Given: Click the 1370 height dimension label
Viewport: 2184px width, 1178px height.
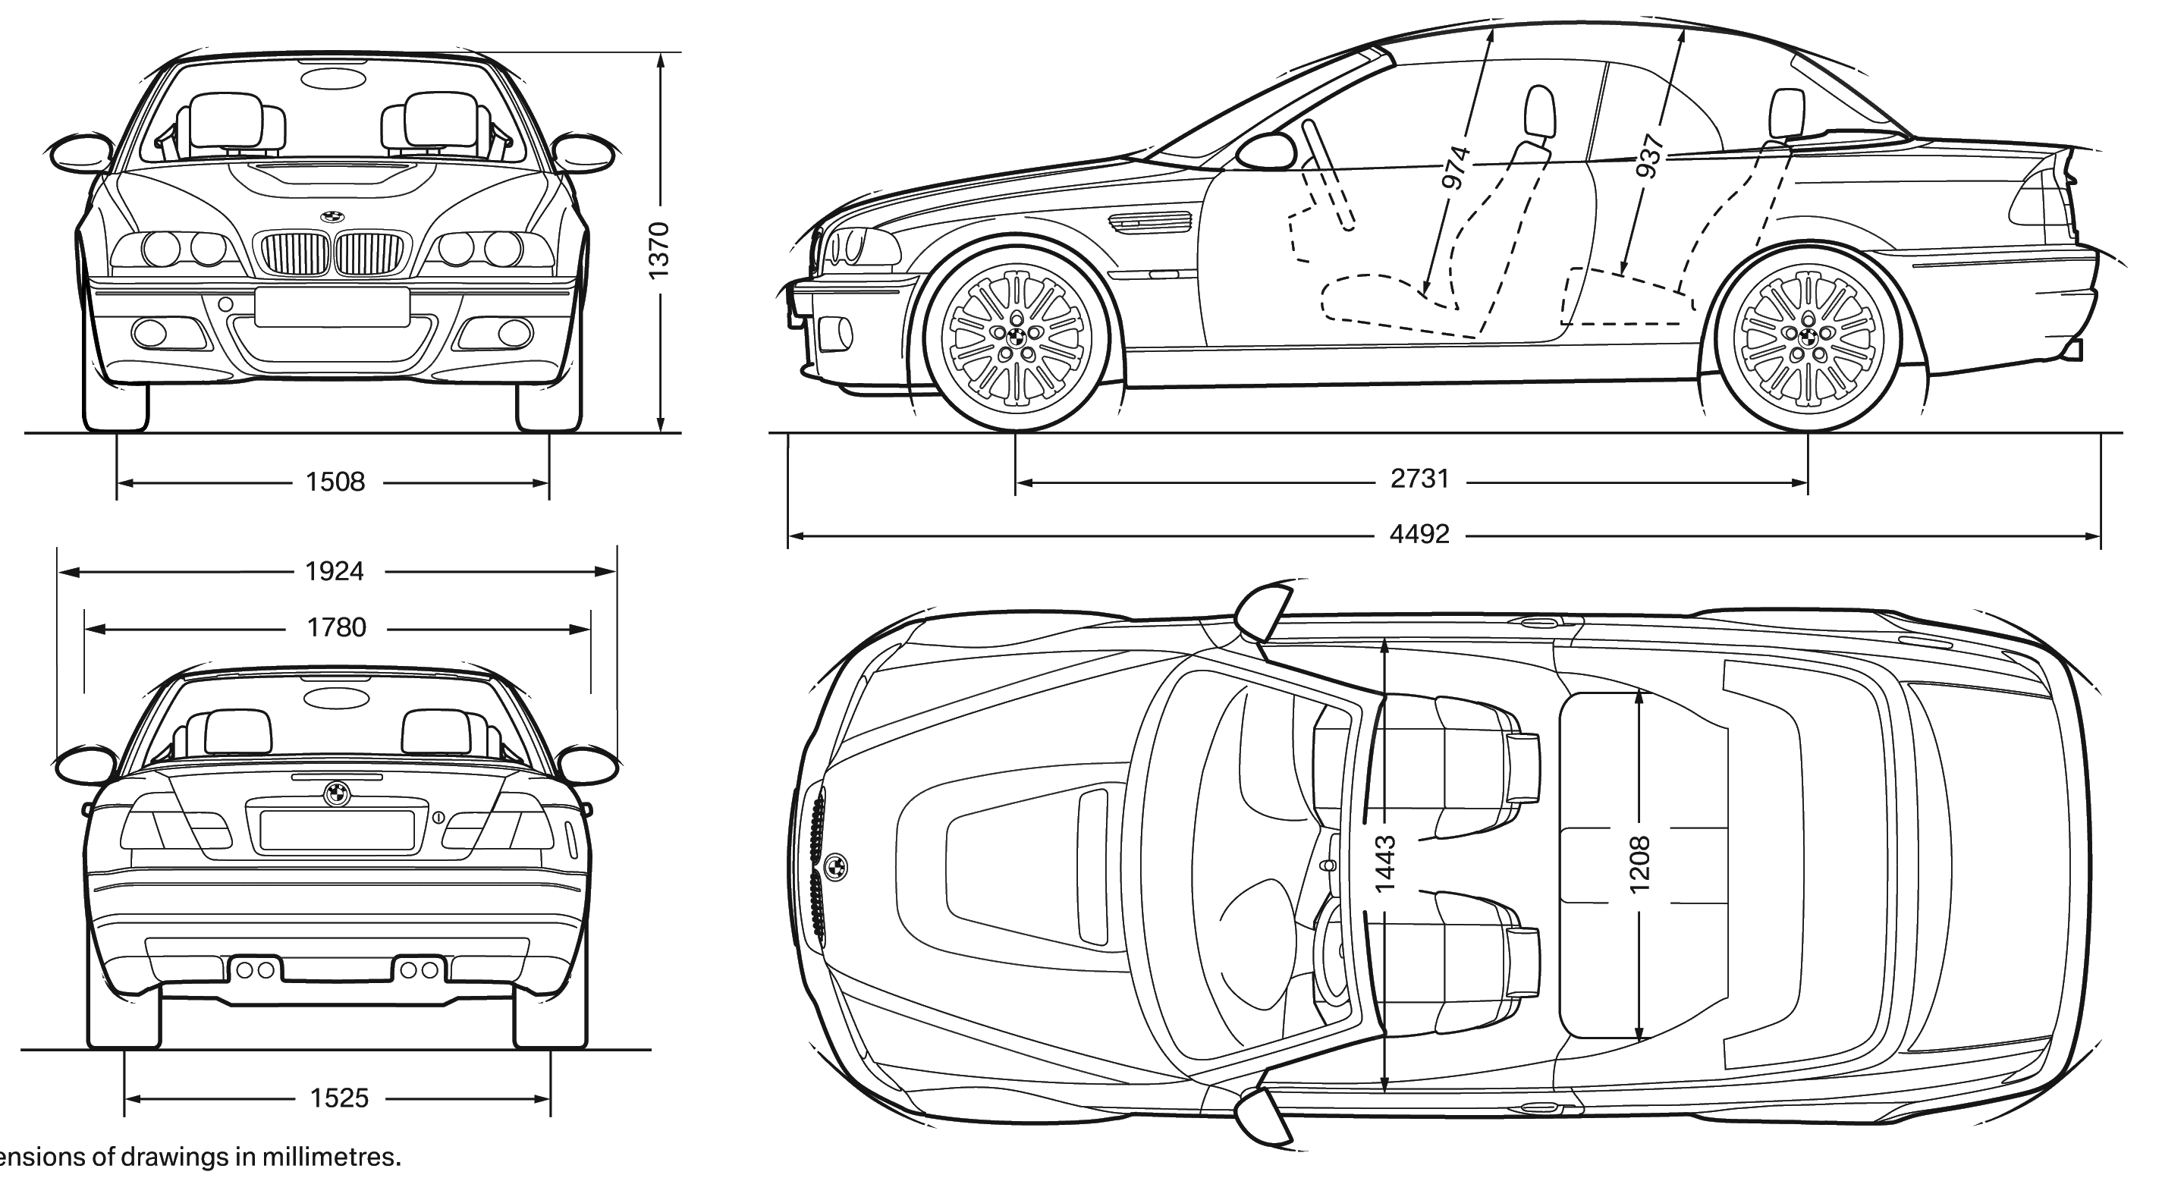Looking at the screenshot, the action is click(658, 250).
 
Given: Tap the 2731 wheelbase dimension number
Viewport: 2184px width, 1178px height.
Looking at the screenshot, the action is click(1420, 479).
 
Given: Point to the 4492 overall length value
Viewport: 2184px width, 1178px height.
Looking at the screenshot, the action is click(1420, 535).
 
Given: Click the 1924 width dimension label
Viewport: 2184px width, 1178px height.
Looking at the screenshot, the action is click(335, 572).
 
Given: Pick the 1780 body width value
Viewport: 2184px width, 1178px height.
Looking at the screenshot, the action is click(337, 628).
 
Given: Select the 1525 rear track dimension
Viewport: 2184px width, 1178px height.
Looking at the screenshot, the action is click(339, 1099).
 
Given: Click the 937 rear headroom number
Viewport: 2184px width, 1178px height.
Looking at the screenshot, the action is click(1648, 157).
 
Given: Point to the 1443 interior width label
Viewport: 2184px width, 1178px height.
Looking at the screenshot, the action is click(1384, 865).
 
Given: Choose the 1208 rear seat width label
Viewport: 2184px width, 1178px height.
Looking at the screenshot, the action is click(1639, 865).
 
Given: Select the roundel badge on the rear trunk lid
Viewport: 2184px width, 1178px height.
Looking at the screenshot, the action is click(337, 794).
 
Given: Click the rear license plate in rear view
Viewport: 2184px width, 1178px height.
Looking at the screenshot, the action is click(337, 831).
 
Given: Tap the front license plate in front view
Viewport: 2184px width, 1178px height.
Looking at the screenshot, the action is click(332, 306).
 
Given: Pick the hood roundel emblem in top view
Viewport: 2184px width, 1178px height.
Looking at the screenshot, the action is click(835, 867).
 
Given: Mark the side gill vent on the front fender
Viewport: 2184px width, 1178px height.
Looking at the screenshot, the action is click(1152, 222).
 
